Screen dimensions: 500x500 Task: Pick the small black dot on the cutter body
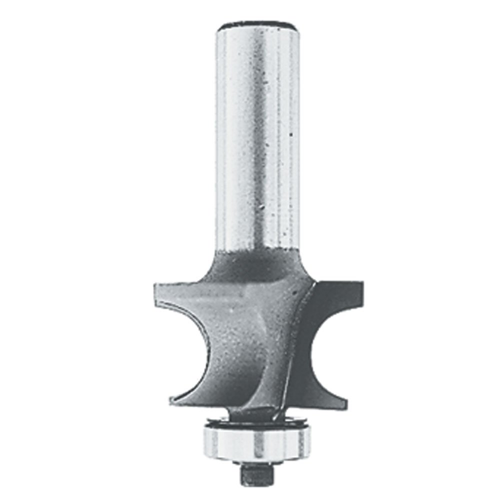click(231, 311)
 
